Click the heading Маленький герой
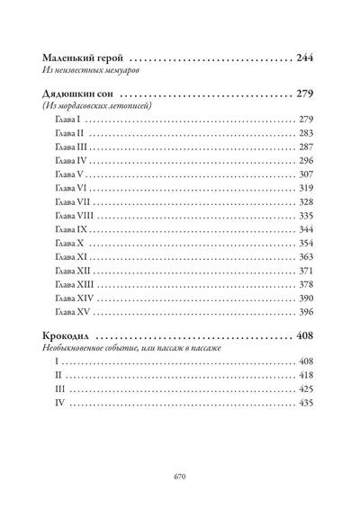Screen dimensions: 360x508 83,58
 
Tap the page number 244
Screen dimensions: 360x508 305,58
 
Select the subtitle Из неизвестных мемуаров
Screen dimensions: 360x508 91,70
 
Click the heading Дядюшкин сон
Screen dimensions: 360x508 77,94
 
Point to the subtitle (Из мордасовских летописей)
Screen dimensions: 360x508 97,105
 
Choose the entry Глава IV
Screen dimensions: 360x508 71,161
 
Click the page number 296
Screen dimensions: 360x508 306,161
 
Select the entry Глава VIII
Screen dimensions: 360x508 75,216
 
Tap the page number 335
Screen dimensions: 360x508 306,216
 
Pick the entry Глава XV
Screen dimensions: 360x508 72,312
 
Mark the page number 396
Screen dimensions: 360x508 306,312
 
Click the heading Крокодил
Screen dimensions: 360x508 66,335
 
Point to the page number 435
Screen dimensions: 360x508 306,403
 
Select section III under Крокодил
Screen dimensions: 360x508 60,389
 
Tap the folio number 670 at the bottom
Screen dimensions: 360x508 180,477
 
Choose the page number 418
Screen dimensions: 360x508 306,376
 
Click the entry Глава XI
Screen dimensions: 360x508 71,257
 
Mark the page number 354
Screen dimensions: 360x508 306,244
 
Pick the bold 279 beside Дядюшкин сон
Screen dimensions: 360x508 305,94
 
